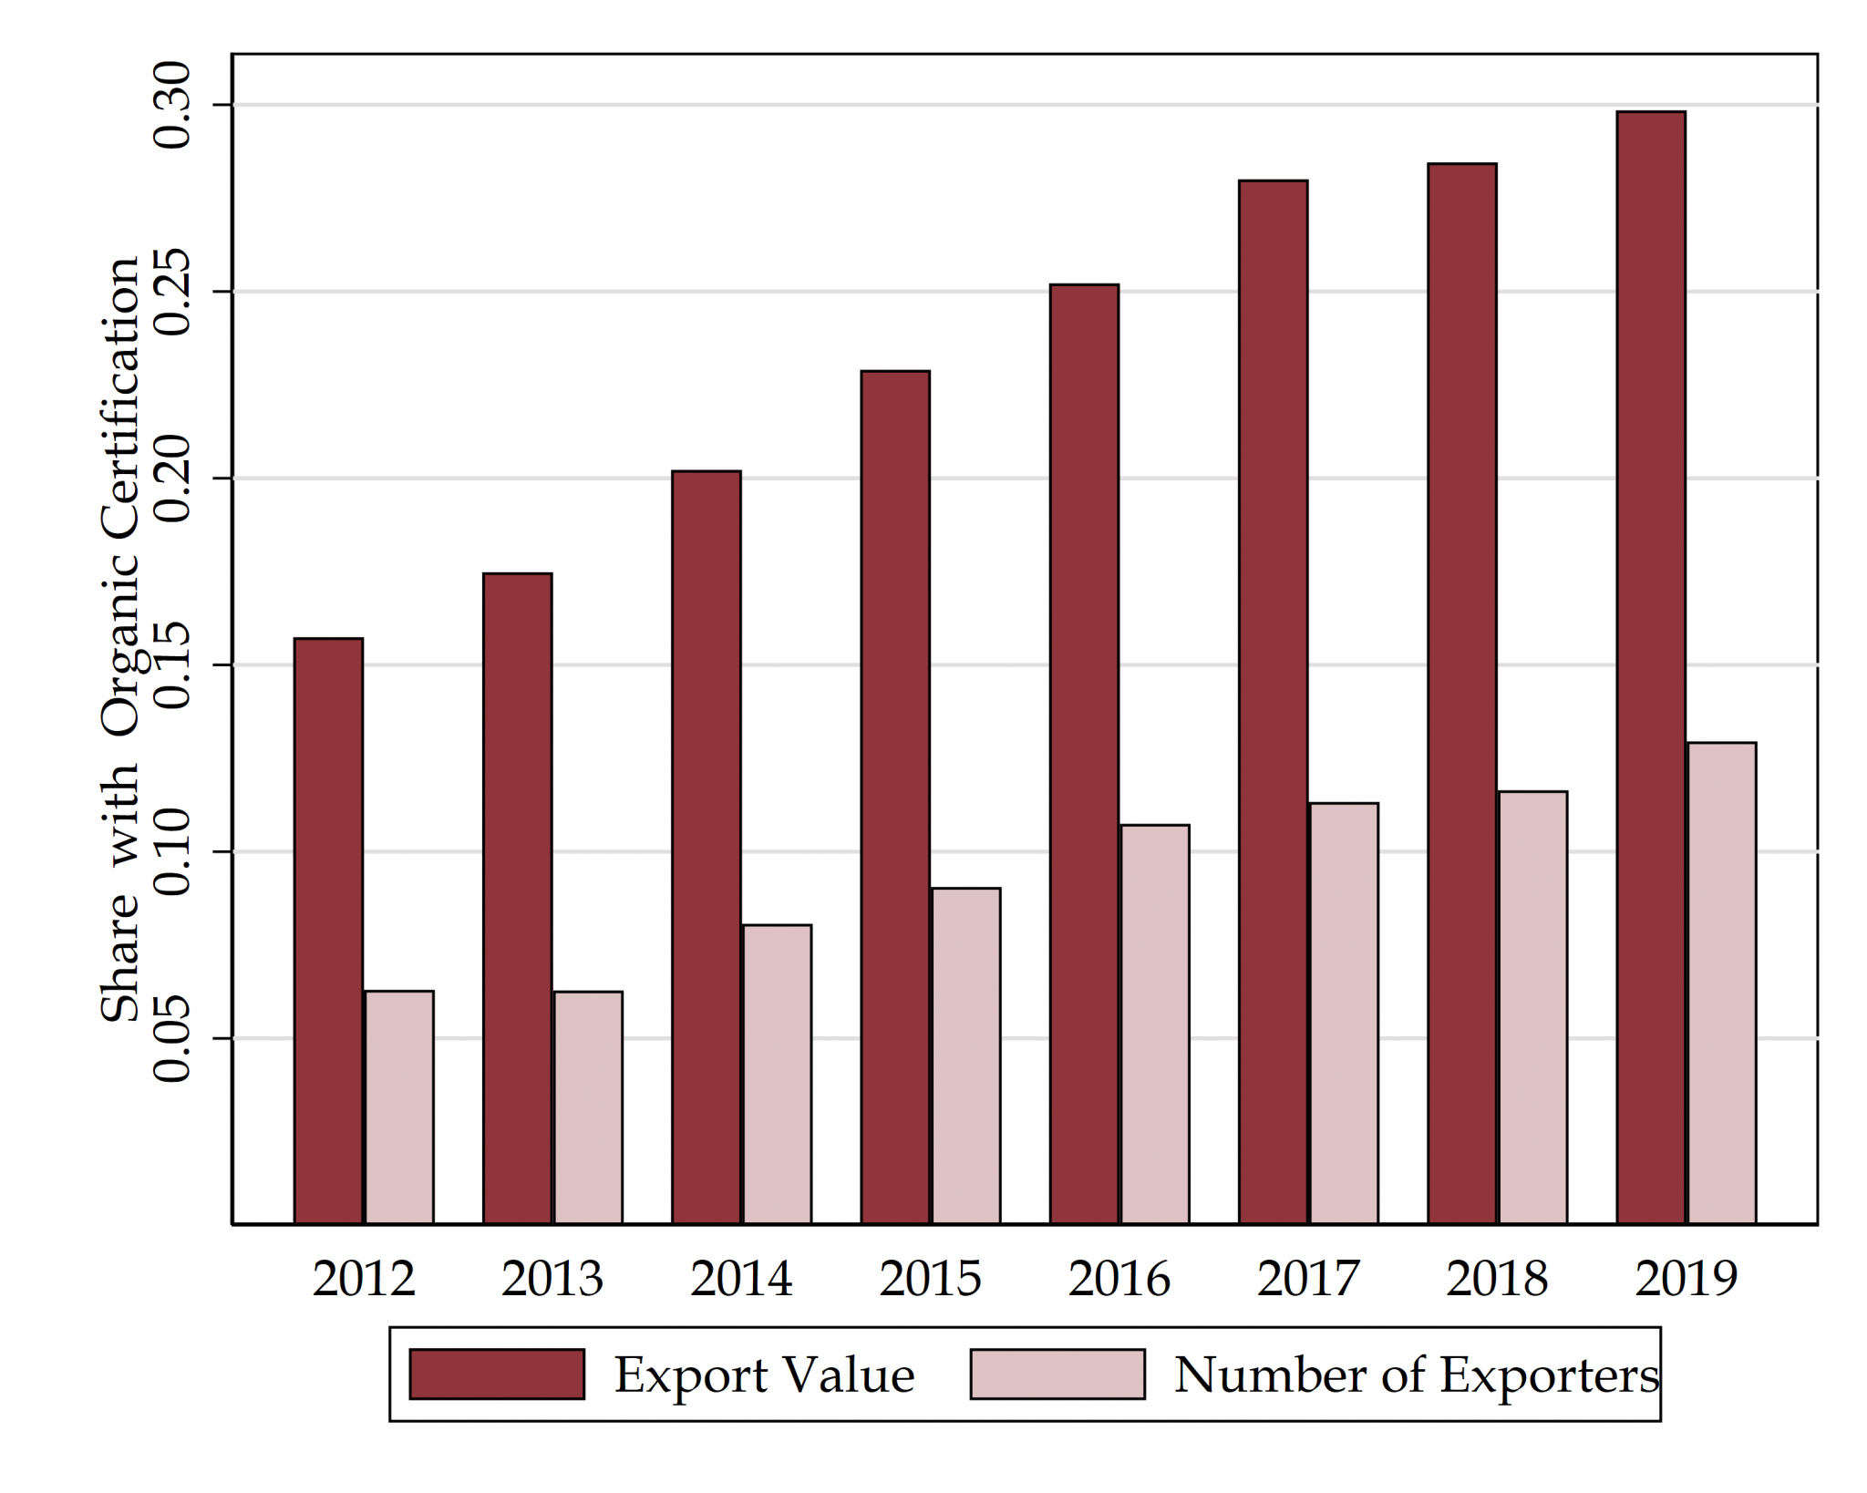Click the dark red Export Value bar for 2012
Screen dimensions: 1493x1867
click(x=328, y=930)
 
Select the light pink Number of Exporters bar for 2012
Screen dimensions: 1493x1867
click(x=399, y=1107)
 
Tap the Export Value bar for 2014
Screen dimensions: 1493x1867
click(x=707, y=848)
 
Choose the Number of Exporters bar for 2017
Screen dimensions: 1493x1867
click(x=1344, y=1013)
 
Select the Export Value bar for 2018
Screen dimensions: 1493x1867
click(x=1462, y=693)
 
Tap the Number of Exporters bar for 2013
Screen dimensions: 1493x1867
click(x=588, y=1107)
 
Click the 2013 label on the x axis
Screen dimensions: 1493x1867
click(x=552, y=1278)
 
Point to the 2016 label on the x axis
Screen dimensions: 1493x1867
click(x=1119, y=1278)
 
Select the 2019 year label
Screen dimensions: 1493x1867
click(x=1686, y=1278)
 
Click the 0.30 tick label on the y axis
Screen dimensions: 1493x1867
click(x=172, y=105)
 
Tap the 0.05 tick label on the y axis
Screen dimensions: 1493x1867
click(x=172, y=1038)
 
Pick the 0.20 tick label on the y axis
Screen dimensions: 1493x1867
click(x=172, y=478)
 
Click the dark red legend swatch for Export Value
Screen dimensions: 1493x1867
click(x=497, y=1374)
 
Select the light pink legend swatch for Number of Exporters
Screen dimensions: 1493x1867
click(x=1057, y=1374)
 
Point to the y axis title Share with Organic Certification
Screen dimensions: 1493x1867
click(x=120, y=638)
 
